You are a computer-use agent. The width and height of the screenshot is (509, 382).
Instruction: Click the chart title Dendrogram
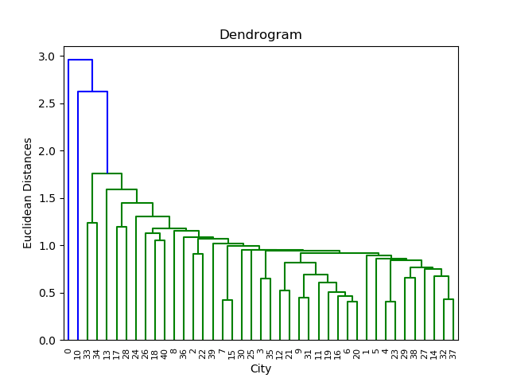(x=261, y=35)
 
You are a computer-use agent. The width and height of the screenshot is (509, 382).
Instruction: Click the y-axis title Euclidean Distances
(x=28, y=193)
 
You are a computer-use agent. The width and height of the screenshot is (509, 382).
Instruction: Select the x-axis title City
(x=261, y=368)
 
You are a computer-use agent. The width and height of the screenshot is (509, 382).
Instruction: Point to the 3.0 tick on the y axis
(x=48, y=57)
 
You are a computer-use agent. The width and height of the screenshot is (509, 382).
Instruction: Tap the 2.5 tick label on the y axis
(x=48, y=103)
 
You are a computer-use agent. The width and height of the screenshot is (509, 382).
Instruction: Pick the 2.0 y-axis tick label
(x=48, y=151)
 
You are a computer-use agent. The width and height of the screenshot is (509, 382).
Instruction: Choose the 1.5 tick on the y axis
(x=48, y=198)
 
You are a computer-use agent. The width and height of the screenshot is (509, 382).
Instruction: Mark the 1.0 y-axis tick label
(x=48, y=245)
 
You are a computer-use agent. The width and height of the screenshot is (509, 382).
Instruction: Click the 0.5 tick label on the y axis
(x=48, y=293)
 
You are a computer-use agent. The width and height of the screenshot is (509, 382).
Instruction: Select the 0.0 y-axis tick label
(x=48, y=340)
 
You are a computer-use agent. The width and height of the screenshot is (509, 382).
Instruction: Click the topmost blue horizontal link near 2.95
(x=80, y=60)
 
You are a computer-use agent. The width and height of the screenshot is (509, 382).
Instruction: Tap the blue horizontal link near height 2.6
(x=92, y=92)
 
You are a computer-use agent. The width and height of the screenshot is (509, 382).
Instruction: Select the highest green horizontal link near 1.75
(x=107, y=173)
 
